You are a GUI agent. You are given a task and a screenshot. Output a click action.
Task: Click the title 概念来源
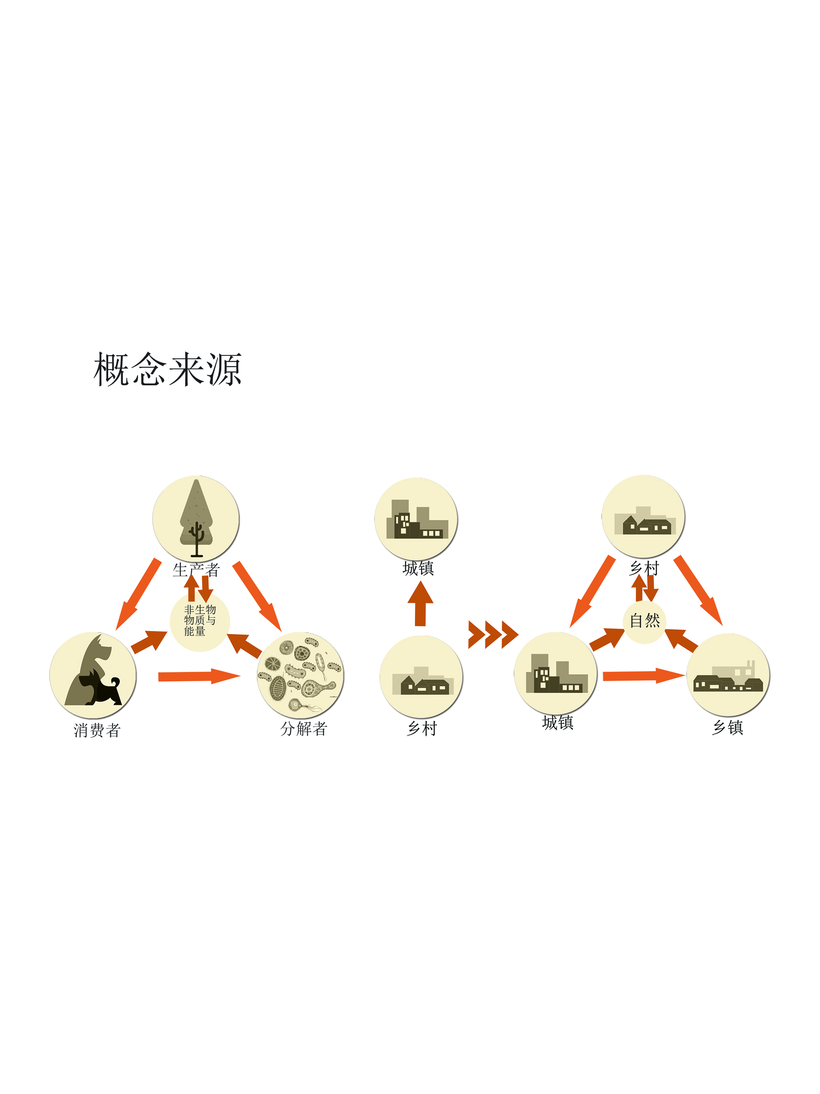[167, 369]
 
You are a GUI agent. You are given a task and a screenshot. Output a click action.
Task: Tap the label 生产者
[196, 570]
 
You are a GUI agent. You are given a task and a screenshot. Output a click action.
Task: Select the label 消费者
[97, 730]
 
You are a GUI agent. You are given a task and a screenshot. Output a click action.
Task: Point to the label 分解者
[304, 728]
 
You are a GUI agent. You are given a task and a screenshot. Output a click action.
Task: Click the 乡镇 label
[727, 727]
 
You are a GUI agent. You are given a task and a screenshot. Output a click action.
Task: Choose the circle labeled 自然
[644, 622]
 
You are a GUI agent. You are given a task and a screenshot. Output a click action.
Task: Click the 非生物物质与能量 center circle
[200, 621]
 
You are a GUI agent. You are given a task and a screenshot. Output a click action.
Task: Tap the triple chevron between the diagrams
[493, 635]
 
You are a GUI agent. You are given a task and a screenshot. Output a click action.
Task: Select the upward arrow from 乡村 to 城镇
[420, 603]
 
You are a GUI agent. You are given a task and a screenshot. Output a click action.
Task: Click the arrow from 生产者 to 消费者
[138, 593]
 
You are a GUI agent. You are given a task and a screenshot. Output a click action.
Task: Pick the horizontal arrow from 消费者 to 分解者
[199, 676]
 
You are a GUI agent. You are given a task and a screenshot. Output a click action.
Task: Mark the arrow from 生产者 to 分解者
[257, 596]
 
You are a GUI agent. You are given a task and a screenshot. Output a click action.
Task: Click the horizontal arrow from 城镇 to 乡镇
[644, 675]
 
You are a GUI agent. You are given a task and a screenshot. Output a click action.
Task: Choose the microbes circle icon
[301, 675]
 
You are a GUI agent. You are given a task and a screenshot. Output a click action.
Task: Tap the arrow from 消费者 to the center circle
[149, 642]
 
